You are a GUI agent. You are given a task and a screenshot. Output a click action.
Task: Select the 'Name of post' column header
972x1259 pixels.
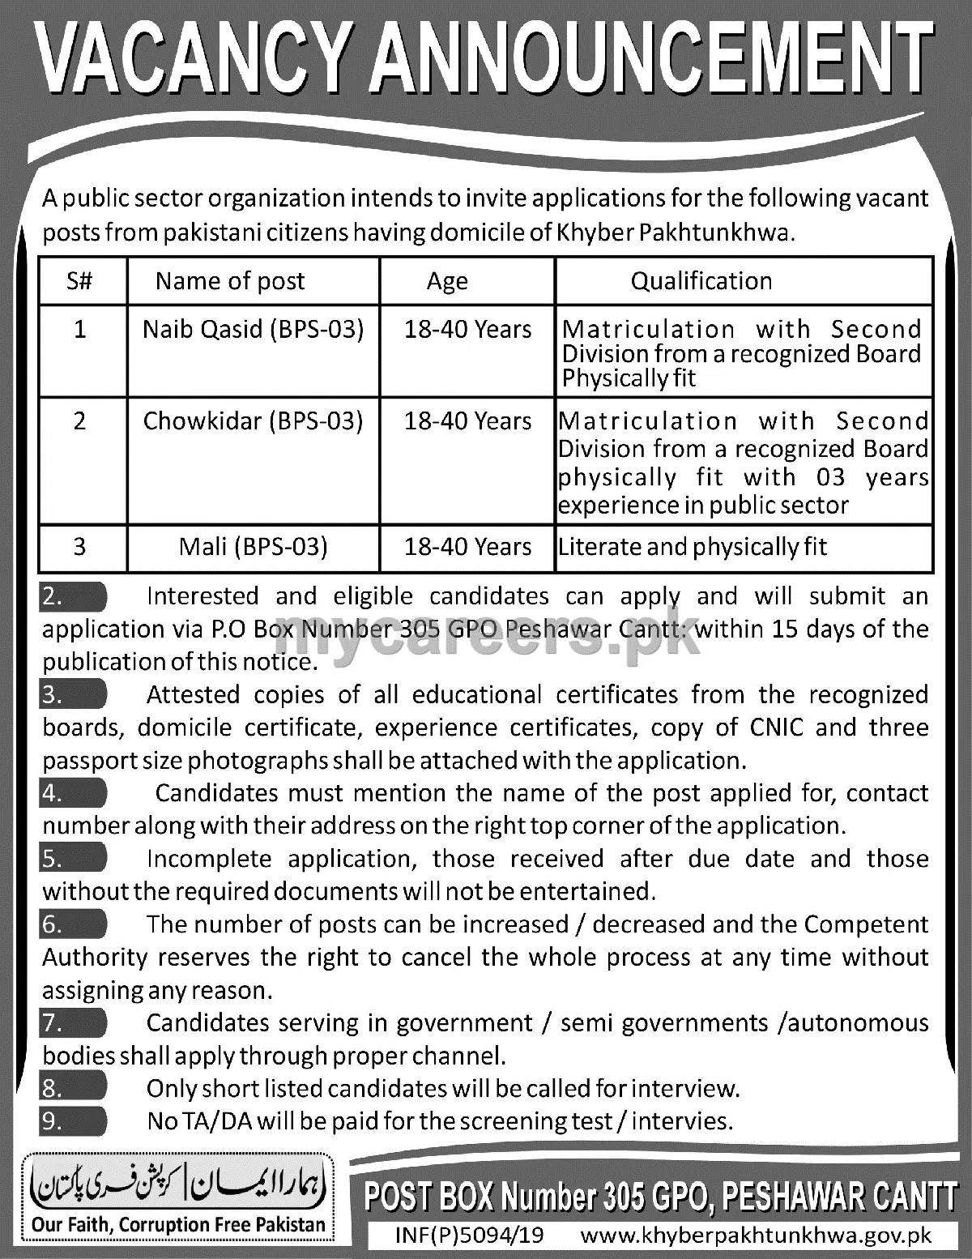pos(230,281)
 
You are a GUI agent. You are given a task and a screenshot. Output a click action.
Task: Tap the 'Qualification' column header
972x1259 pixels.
pos(701,281)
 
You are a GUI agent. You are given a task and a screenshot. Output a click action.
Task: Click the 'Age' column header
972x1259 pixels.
pos(447,281)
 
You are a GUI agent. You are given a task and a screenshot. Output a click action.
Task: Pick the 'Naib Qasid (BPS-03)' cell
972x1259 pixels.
pos(253,329)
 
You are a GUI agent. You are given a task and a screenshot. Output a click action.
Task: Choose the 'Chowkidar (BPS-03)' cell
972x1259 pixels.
pos(253,421)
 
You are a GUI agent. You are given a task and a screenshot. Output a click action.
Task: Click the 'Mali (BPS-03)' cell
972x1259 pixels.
pos(253,547)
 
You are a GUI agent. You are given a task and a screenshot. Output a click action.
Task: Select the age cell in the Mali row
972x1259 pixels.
pos(467,547)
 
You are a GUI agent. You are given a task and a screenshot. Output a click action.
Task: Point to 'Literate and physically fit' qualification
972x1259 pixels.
pos(693,547)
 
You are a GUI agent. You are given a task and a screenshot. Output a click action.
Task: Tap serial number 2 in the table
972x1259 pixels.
pos(79,421)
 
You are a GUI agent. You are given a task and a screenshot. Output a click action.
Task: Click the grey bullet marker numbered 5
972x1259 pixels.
pos(73,859)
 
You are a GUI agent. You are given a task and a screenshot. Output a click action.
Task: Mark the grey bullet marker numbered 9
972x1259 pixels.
pos(73,1121)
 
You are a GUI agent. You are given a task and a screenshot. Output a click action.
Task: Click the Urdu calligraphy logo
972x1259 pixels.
pos(177,1185)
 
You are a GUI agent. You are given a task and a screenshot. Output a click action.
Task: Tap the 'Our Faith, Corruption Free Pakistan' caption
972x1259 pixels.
pos(178,1225)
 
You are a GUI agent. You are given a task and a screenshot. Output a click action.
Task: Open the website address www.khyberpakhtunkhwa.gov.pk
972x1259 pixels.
pos(757,1236)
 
